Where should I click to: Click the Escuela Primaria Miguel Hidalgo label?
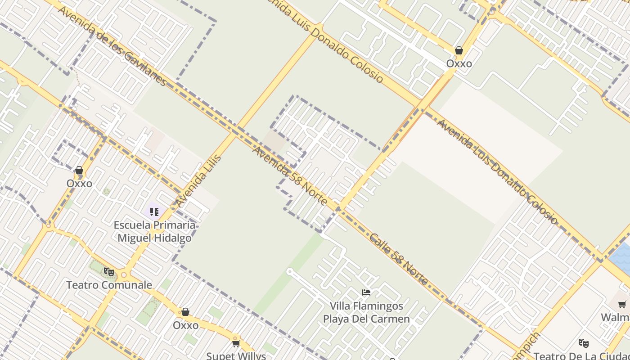tap(154, 231)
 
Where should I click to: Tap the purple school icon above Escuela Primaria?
tap(154, 211)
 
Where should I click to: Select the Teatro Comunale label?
tap(109, 285)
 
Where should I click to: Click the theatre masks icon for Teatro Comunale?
tap(108, 271)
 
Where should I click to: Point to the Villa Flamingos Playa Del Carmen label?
tap(366, 312)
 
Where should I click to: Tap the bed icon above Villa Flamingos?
tap(366, 292)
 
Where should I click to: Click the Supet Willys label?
tap(236, 356)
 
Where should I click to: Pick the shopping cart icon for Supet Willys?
tap(236, 343)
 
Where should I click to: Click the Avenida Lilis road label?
tap(198, 180)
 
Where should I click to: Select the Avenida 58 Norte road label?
tap(290, 175)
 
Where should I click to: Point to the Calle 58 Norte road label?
tap(399, 259)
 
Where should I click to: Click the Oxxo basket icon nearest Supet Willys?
tap(185, 312)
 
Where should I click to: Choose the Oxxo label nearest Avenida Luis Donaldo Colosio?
tap(459, 63)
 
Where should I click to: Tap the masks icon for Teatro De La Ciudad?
tap(584, 343)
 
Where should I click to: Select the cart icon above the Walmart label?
tap(622, 305)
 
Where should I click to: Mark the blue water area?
tap(621, 257)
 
